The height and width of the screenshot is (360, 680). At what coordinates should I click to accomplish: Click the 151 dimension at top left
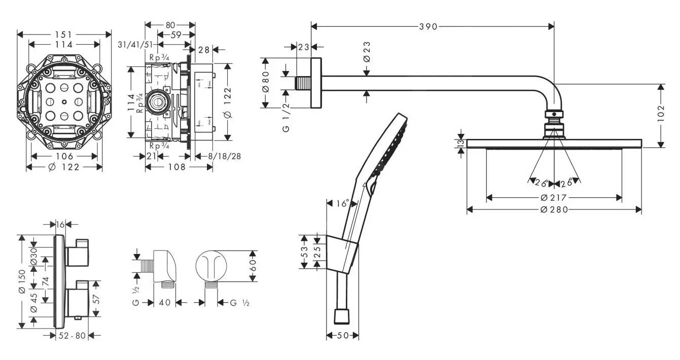coord(64,34)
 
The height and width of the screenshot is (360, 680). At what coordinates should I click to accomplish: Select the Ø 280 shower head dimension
coord(554,209)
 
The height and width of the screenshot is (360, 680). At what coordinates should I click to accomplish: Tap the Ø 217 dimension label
coord(554,197)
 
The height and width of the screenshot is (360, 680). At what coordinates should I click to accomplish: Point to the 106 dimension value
coord(64,156)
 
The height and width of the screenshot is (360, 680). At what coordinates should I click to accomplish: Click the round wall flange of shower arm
coord(316,83)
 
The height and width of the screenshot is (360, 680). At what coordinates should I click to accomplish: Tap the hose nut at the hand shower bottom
coord(342,316)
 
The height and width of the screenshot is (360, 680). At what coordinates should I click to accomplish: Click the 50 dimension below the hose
coord(342,335)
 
